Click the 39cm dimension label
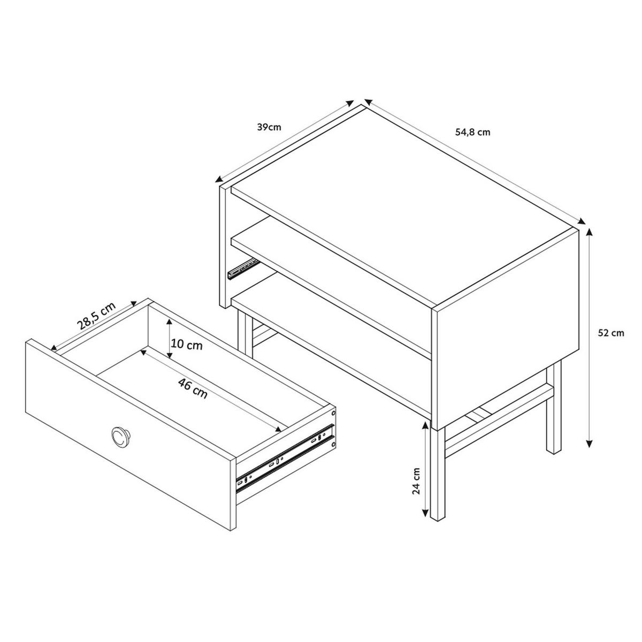(269, 127)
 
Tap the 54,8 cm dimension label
(473, 132)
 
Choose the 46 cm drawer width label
(193, 388)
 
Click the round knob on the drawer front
(120, 437)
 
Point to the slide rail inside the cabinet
(243, 267)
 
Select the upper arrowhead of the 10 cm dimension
(170, 322)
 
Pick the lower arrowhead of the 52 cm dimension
(590, 444)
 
